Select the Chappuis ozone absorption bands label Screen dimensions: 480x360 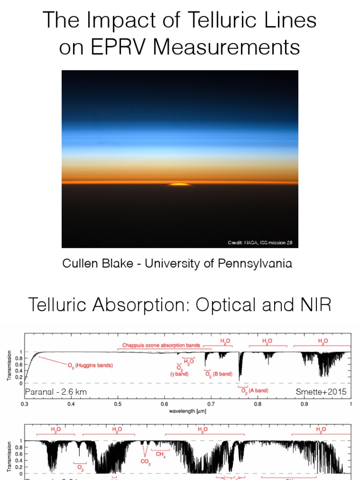(161, 345)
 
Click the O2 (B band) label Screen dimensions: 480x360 (218, 374)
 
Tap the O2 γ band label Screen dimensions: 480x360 (180, 371)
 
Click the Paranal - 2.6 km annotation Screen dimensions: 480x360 (56, 391)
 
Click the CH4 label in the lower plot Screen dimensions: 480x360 (160, 454)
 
